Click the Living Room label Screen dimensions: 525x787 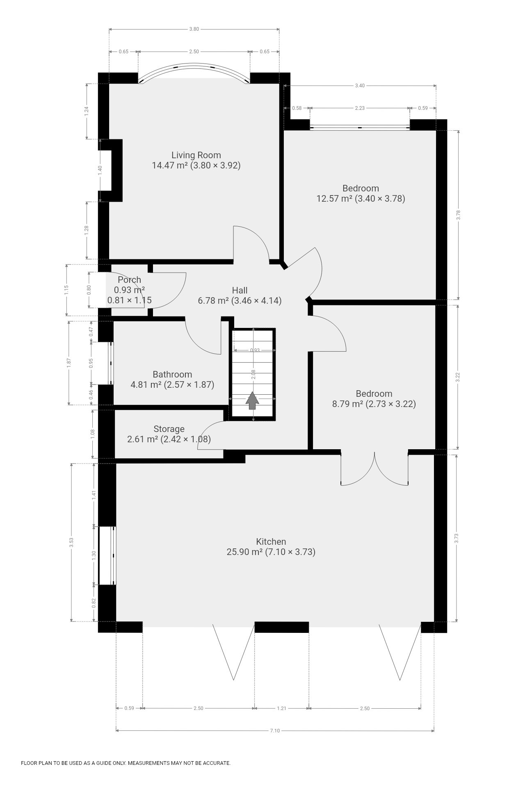tap(196, 155)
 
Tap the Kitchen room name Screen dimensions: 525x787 tap(271, 541)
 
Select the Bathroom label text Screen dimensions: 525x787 tap(172, 374)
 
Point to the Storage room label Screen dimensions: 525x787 tap(169, 429)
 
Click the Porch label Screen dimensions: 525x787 tap(129, 280)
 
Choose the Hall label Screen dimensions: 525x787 tap(240, 290)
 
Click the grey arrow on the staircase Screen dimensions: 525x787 tap(252, 400)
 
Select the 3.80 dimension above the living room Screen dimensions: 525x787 tap(194, 29)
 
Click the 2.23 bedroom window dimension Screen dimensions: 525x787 tap(360, 108)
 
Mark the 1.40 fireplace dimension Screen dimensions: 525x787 tap(100, 170)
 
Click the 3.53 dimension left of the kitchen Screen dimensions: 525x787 tap(71, 543)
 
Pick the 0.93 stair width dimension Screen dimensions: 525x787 tap(255, 350)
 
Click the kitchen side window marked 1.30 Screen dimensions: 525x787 tap(107, 555)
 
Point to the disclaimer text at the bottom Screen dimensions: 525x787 tap(126, 763)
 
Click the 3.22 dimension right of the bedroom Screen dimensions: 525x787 tap(458, 377)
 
